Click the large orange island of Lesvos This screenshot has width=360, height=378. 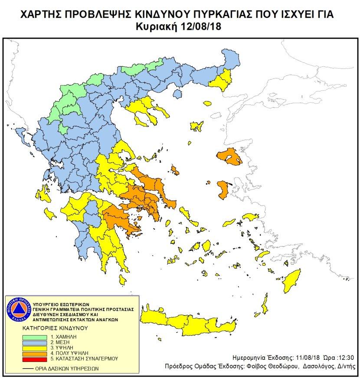(230, 157)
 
